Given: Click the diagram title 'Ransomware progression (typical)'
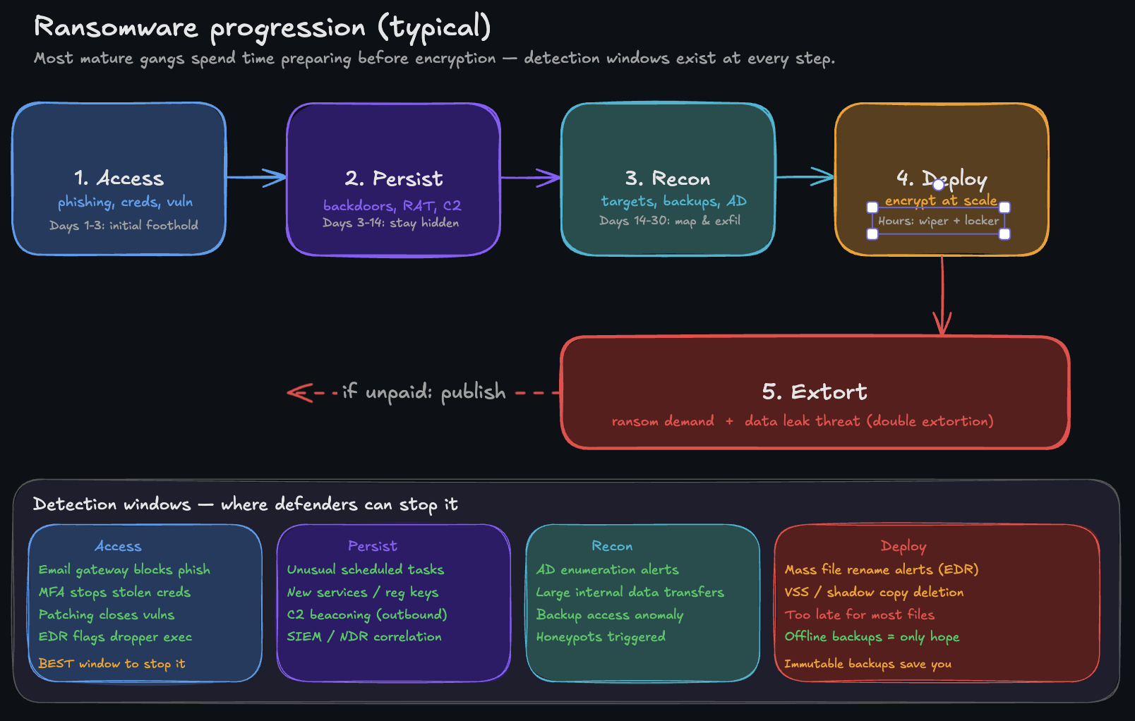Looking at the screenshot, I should point(262,28).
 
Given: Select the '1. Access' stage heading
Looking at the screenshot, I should point(119,178).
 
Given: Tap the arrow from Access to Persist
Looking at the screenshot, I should point(256,177).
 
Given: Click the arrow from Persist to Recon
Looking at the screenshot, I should point(530,177).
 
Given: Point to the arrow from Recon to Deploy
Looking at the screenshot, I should point(805,176).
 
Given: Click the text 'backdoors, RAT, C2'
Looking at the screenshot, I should point(392,205).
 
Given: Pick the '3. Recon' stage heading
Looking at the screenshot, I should point(667,178).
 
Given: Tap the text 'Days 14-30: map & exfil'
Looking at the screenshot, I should point(669,221).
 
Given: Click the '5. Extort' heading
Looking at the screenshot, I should point(815,392).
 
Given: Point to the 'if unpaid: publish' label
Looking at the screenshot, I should point(424,392).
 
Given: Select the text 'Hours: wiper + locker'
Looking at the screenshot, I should point(938,221).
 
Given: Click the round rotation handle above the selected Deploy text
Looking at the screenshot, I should point(938,185).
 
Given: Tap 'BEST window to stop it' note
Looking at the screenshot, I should point(112,664).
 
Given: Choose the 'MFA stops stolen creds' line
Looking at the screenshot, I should point(114,592).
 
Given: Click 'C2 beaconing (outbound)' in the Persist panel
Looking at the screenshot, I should point(366,614).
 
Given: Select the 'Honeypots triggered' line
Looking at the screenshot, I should point(601,637).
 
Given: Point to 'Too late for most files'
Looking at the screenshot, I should point(859,614).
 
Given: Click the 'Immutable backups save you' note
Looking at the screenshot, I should point(867,664).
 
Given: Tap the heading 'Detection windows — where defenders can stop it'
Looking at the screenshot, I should point(245,504).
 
